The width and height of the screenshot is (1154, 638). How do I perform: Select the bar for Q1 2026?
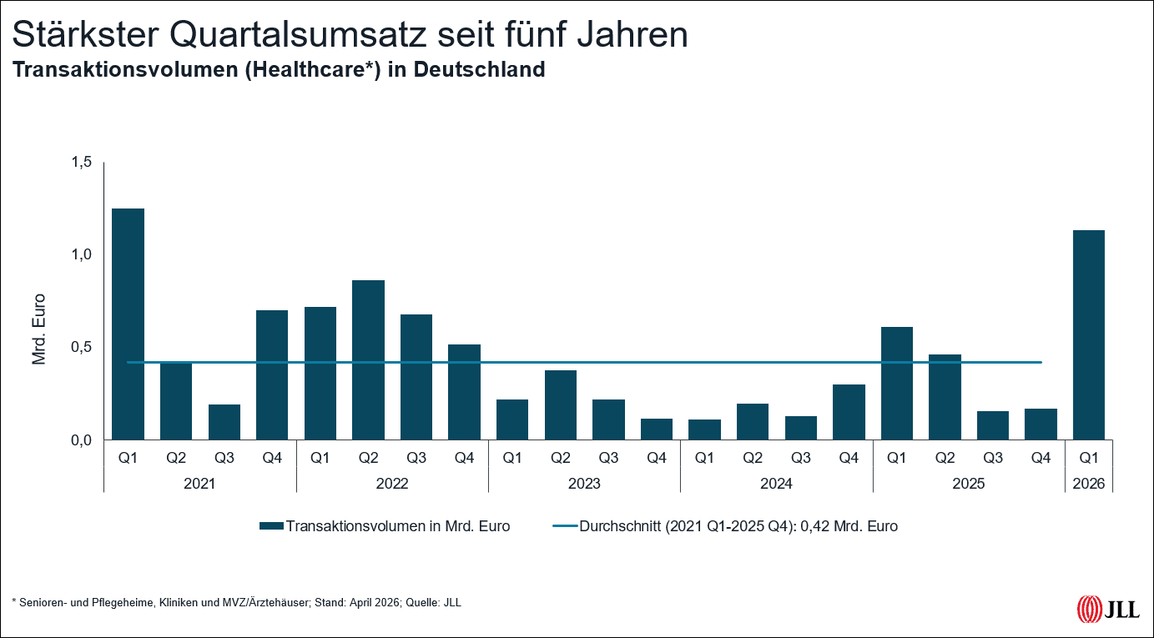click(x=1088, y=334)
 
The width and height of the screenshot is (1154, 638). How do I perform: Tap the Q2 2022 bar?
click(x=368, y=359)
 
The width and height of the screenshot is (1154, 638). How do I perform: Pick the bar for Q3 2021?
click(x=224, y=422)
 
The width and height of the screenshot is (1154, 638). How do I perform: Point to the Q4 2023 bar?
click(x=657, y=429)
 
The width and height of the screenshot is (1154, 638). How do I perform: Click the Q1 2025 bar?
click(x=896, y=383)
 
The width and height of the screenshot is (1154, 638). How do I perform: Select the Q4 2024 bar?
click(x=849, y=412)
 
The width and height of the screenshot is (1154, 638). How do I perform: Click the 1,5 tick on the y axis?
click(x=80, y=162)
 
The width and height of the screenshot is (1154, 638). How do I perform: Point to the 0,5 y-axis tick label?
click(x=80, y=347)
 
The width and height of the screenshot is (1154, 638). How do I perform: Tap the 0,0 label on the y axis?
click(x=80, y=440)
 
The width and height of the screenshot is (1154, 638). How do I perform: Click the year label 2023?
click(x=584, y=483)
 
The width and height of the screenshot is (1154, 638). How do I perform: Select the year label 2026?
click(x=1089, y=483)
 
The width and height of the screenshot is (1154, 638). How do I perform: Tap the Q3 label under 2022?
click(x=416, y=457)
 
